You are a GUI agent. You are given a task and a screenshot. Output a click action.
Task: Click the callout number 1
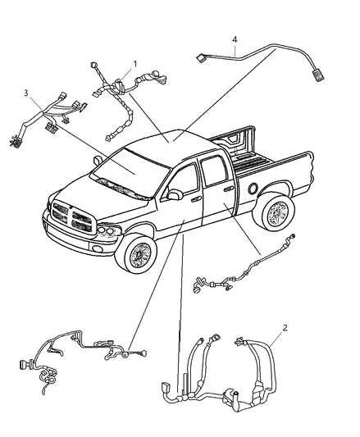(135, 63)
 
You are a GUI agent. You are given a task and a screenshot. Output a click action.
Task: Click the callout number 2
(284, 328)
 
